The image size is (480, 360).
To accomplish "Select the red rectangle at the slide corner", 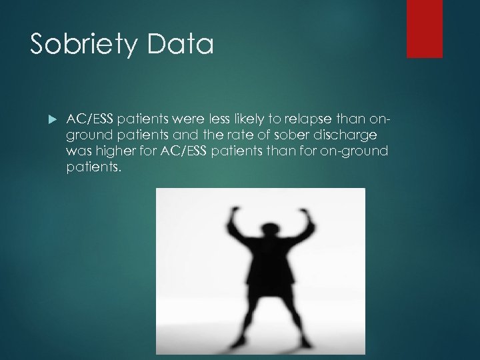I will pyautogui.click(x=425, y=28).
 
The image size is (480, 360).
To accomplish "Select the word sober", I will pyautogui.click(x=295, y=135).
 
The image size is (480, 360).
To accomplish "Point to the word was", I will pyautogui.click(x=77, y=152).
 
